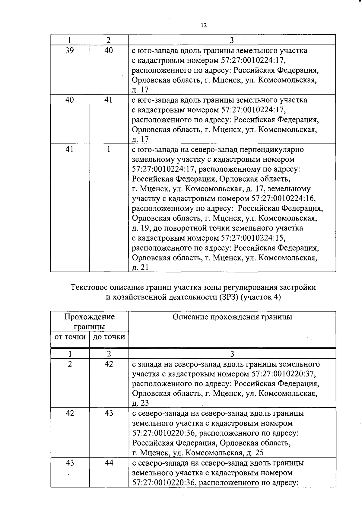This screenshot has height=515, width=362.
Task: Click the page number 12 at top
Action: [x=204, y=25]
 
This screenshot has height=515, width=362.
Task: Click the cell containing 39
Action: [x=70, y=50]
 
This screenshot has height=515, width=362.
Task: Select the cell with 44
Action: [x=109, y=463]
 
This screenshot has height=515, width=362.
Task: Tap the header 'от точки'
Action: [x=70, y=337]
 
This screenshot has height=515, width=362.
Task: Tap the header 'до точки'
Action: [x=109, y=337]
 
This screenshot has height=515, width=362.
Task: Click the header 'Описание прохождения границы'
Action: [x=232, y=317]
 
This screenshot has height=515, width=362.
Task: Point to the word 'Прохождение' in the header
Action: [x=90, y=317]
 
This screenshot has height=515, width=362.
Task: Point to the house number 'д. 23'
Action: [x=140, y=403]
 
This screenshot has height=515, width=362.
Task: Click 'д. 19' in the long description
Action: [x=140, y=228]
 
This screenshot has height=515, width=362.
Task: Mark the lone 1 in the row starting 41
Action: [x=109, y=149]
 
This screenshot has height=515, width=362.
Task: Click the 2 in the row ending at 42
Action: [x=70, y=364]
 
